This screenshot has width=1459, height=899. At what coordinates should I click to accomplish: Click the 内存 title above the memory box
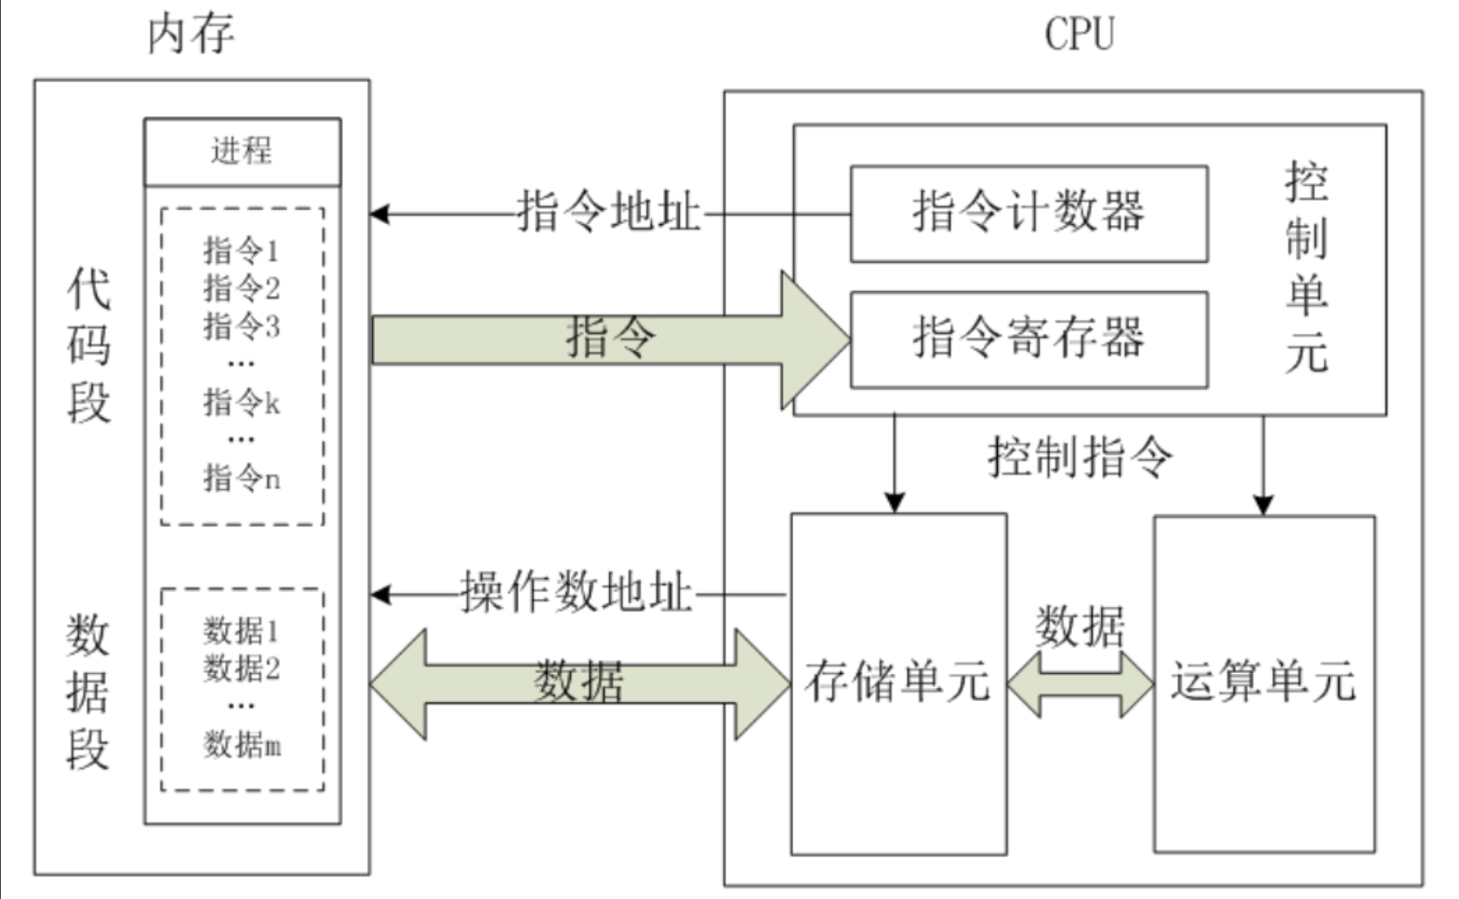tap(191, 35)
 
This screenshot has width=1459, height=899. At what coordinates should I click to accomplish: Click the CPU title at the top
tap(1079, 33)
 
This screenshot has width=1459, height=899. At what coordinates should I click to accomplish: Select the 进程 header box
tap(242, 151)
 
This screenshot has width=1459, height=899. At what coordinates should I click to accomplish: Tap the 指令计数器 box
tap(1028, 213)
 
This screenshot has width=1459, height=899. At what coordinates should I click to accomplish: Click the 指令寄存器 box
tap(1028, 338)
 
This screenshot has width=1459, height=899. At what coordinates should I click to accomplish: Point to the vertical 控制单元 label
tap(1306, 267)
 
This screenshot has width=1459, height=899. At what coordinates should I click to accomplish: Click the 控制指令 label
tap(1080, 456)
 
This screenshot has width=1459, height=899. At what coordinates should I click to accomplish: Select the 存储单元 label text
tap(896, 681)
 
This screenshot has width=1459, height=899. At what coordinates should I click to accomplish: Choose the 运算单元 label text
tap(1263, 681)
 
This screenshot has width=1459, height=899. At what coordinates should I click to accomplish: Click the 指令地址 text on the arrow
tap(608, 212)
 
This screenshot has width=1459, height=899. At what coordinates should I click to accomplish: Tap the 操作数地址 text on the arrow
tap(577, 592)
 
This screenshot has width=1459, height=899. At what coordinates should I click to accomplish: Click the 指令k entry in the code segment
tap(242, 403)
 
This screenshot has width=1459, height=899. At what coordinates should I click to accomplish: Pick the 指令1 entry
tap(242, 250)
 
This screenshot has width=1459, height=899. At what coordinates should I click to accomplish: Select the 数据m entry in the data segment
tap(242, 744)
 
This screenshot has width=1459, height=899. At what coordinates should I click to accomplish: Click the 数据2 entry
tap(242, 668)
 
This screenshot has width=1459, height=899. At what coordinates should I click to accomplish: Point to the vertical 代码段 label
tap(88, 346)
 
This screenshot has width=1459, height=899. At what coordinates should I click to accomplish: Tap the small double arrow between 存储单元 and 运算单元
tap(1081, 684)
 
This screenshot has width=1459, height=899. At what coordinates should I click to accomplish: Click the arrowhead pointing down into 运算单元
tap(1263, 505)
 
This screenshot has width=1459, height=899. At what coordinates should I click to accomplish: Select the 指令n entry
tap(242, 478)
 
